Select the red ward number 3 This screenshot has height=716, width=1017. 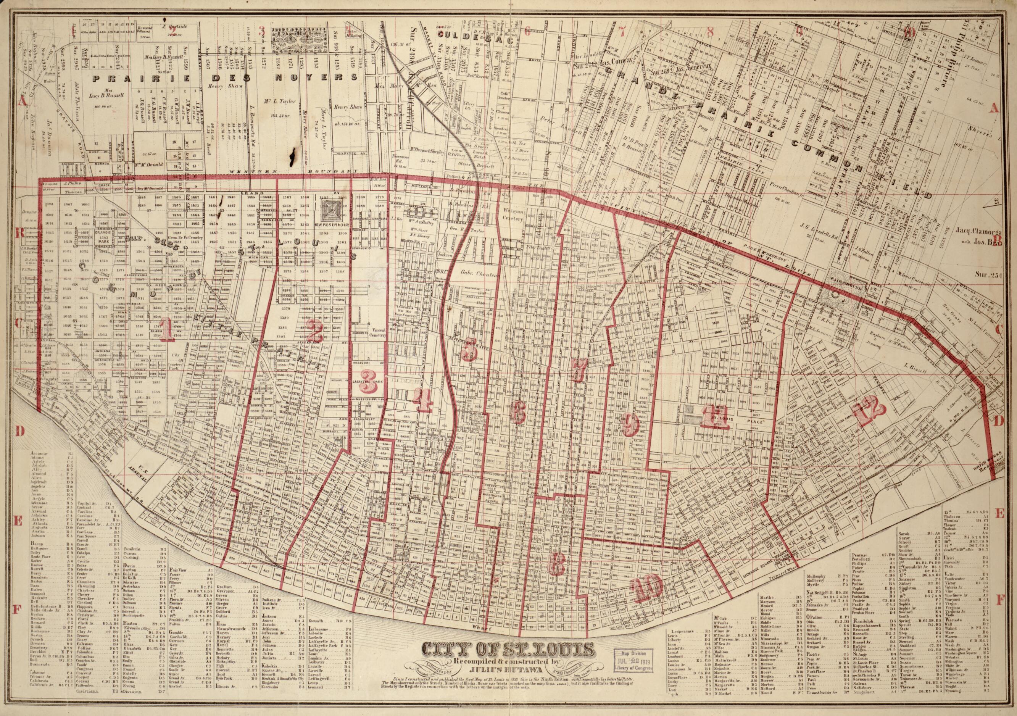click(x=367, y=385)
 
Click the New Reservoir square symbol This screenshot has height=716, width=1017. click(x=332, y=209)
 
